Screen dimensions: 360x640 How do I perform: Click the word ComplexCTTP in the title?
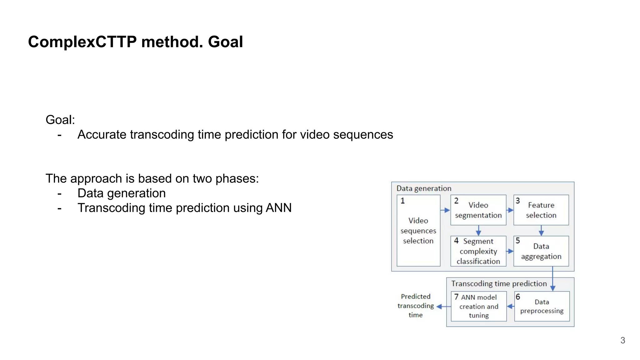tap(82, 42)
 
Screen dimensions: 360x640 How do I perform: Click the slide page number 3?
tap(622, 340)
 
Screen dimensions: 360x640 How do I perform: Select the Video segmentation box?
tap(478, 210)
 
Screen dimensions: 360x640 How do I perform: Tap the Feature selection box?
tap(541, 210)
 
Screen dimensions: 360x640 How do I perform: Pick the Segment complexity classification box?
tap(478, 251)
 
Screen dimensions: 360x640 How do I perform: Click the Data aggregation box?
tap(541, 251)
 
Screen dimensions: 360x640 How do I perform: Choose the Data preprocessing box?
tap(542, 306)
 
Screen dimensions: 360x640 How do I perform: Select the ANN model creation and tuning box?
tap(478, 306)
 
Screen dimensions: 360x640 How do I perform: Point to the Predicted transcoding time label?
tap(415, 306)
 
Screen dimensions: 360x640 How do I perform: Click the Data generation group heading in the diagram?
tap(424, 188)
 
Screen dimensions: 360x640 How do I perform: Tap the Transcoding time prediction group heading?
tap(499, 283)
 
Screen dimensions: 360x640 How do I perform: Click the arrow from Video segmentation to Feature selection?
tap(510, 210)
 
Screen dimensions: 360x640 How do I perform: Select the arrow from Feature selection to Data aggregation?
tap(541, 231)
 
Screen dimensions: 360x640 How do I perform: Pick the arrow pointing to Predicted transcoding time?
tap(443, 307)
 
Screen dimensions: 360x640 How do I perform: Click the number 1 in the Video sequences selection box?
tap(402, 201)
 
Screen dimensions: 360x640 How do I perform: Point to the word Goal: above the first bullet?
tap(60, 120)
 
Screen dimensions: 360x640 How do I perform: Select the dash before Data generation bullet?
tap(59, 194)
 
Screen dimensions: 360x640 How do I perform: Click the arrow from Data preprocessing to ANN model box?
tap(511, 307)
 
